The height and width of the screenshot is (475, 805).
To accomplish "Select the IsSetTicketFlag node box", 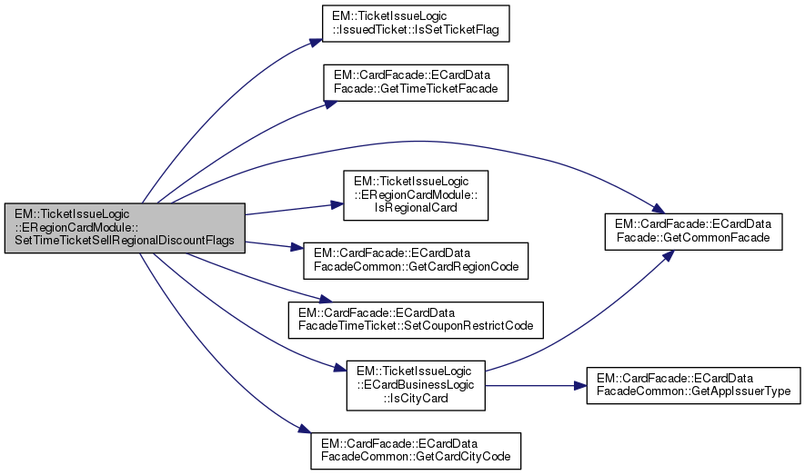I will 416,24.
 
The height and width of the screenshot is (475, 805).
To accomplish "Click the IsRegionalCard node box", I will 416,194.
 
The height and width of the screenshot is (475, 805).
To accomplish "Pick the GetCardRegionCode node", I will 416,259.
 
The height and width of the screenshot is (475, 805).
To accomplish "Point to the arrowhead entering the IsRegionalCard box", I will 337,205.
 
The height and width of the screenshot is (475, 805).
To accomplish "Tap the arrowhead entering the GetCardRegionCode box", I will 297,250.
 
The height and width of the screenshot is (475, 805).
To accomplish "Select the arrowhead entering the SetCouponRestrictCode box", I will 319,301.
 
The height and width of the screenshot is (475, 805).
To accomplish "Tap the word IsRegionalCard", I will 415,208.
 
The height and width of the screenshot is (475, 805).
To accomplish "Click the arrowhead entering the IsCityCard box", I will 340,368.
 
